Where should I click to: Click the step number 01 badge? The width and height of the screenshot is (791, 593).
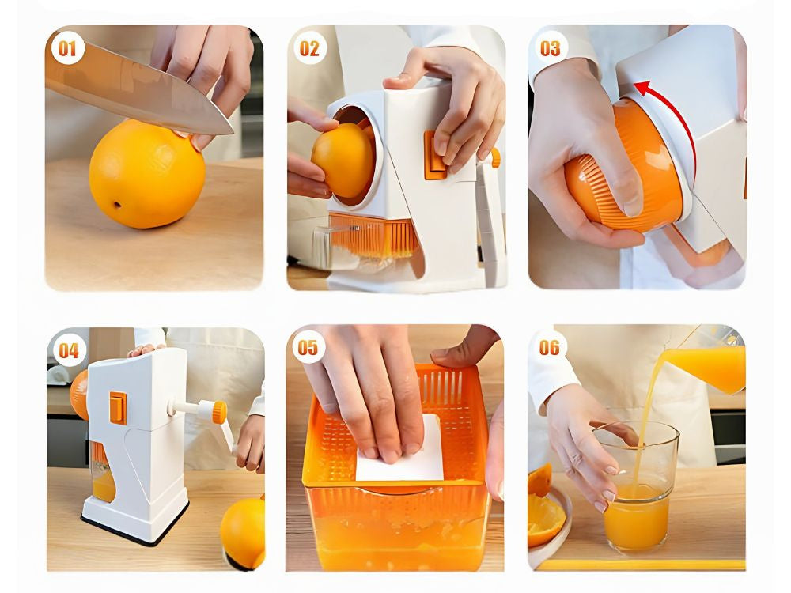point(68,49)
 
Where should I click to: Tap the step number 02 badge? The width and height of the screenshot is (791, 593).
point(309,49)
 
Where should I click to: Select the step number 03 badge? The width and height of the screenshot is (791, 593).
point(551,48)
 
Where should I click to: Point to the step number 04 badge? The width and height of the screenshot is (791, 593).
point(68,349)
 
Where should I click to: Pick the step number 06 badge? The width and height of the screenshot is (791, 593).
point(550,348)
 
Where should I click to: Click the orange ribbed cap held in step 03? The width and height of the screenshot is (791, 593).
point(625,182)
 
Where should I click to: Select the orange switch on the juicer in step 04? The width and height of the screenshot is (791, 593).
point(118,406)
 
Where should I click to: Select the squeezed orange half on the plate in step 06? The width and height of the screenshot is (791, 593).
point(545,518)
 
